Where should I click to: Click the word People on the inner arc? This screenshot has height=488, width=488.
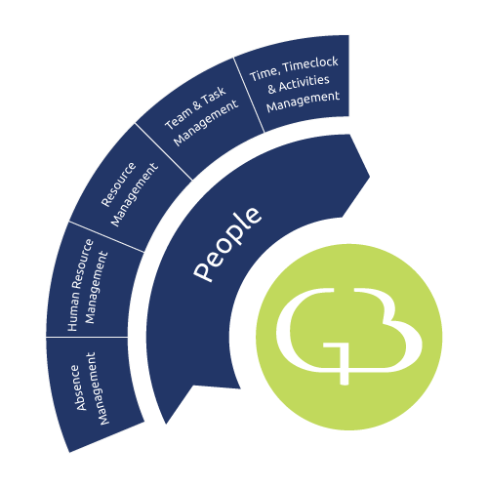(227, 243)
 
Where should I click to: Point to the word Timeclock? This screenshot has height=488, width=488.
(310, 64)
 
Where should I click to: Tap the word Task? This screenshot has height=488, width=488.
(213, 95)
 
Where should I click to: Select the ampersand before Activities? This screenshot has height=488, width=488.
(272, 88)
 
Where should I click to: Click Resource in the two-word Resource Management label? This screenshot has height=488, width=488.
(118, 183)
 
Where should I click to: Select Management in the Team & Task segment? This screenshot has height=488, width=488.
(206, 123)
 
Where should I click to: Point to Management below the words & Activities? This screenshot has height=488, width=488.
(303, 102)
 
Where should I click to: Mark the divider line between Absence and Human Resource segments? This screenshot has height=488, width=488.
(87, 337)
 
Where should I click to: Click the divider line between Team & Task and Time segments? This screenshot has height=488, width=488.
(249, 95)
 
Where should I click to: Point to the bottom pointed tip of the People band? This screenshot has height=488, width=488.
(166, 424)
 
